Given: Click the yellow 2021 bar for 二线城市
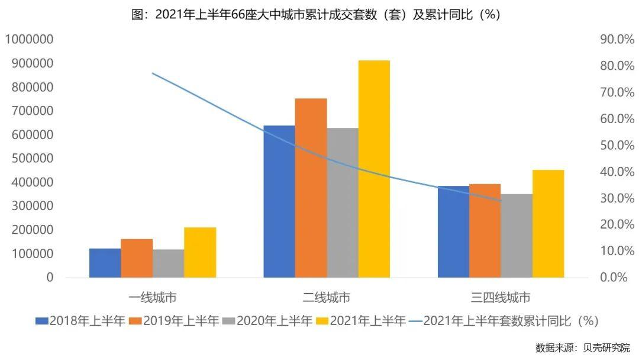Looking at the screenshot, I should click(374, 169).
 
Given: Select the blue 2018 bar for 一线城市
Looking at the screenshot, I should click(105, 263).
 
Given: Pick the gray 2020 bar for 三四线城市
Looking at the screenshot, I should click(517, 236).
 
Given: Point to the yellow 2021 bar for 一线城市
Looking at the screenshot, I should click(200, 252).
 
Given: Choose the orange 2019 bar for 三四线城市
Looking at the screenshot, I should click(485, 231).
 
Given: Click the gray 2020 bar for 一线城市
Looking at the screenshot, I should click(168, 263).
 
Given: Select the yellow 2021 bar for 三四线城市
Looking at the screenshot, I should click(548, 224).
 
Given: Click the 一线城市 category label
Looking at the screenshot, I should click(152, 297).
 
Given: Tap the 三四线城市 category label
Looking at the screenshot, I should click(501, 297).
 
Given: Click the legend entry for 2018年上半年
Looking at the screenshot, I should click(80, 322).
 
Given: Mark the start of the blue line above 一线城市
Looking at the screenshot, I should click(153, 73).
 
